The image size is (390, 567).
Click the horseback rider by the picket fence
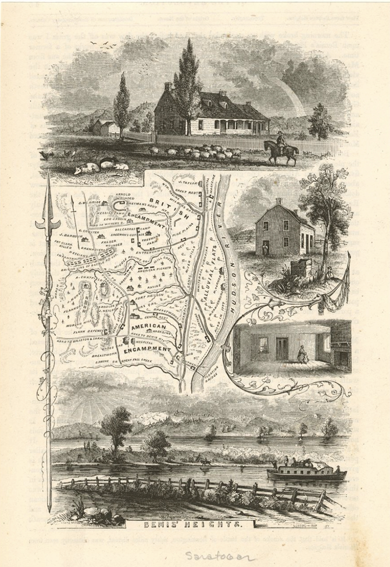coord(282,147)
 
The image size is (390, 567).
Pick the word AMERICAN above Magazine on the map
coord(150,327)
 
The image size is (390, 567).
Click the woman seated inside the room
coord(301,355)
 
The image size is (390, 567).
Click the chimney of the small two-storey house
coord(279,202)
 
